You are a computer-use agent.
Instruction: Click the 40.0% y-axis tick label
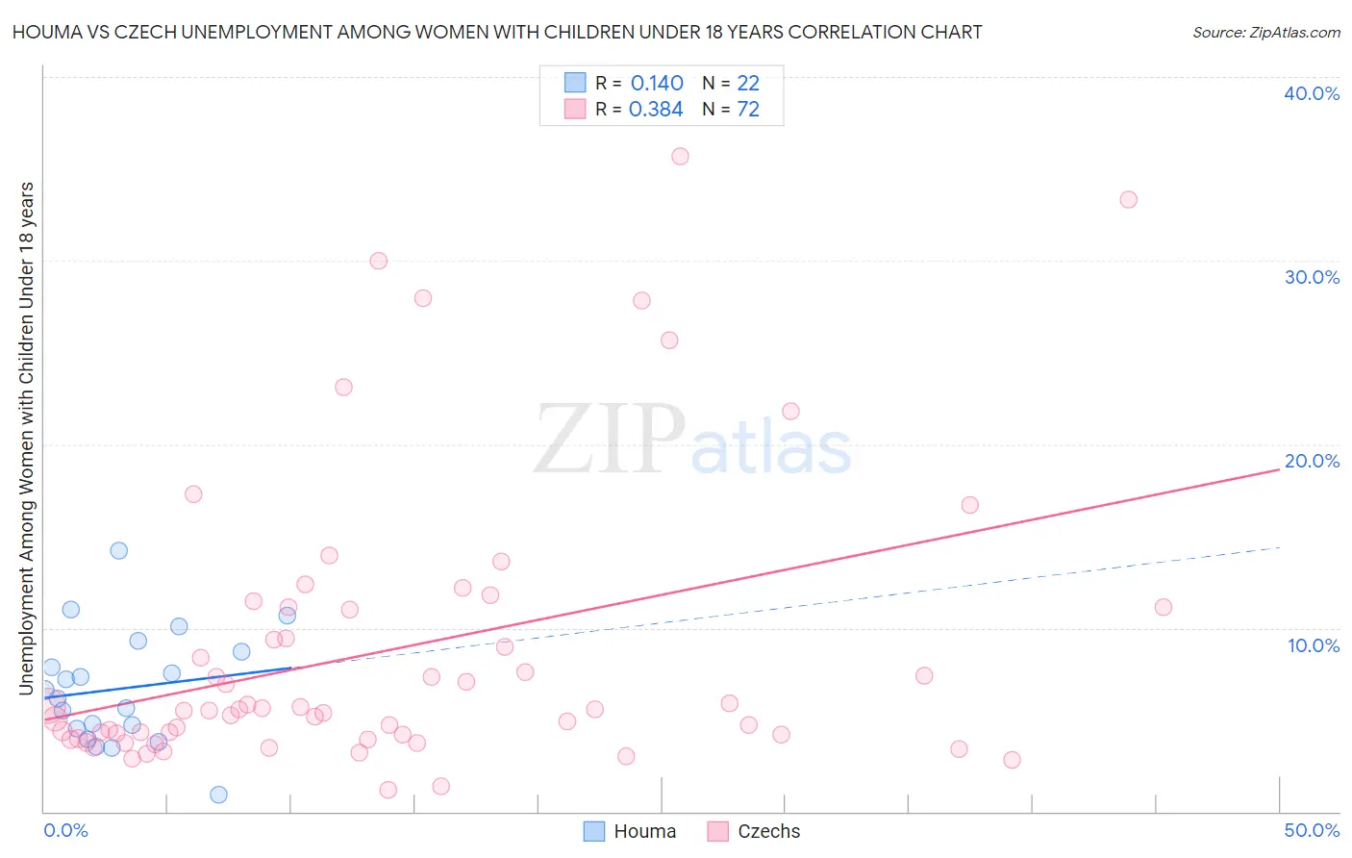(1311, 93)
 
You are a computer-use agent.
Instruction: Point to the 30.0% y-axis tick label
(1311, 277)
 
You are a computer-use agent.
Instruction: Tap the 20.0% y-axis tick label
(1311, 461)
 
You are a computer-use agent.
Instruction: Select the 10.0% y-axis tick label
(1313, 645)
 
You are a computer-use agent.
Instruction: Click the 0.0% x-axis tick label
(65, 830)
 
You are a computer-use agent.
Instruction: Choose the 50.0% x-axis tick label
(1311, 830)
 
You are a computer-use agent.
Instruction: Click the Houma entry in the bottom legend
(631, 831)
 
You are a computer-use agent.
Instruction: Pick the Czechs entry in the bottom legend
(755, 831)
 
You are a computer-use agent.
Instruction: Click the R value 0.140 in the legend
(657, 84)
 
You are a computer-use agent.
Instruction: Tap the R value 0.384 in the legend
(656, 110)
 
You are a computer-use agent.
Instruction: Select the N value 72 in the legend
(748, 110)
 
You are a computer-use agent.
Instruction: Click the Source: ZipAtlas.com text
(1265, 32)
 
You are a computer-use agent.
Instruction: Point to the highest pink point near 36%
(680, 156)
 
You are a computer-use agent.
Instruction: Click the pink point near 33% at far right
(1128, 199)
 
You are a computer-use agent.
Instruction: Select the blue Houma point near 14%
(119, 550)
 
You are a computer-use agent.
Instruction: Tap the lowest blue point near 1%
(218, 795)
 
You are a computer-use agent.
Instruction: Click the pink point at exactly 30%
(378, 261)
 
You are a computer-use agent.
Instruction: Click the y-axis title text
(26, 438)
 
